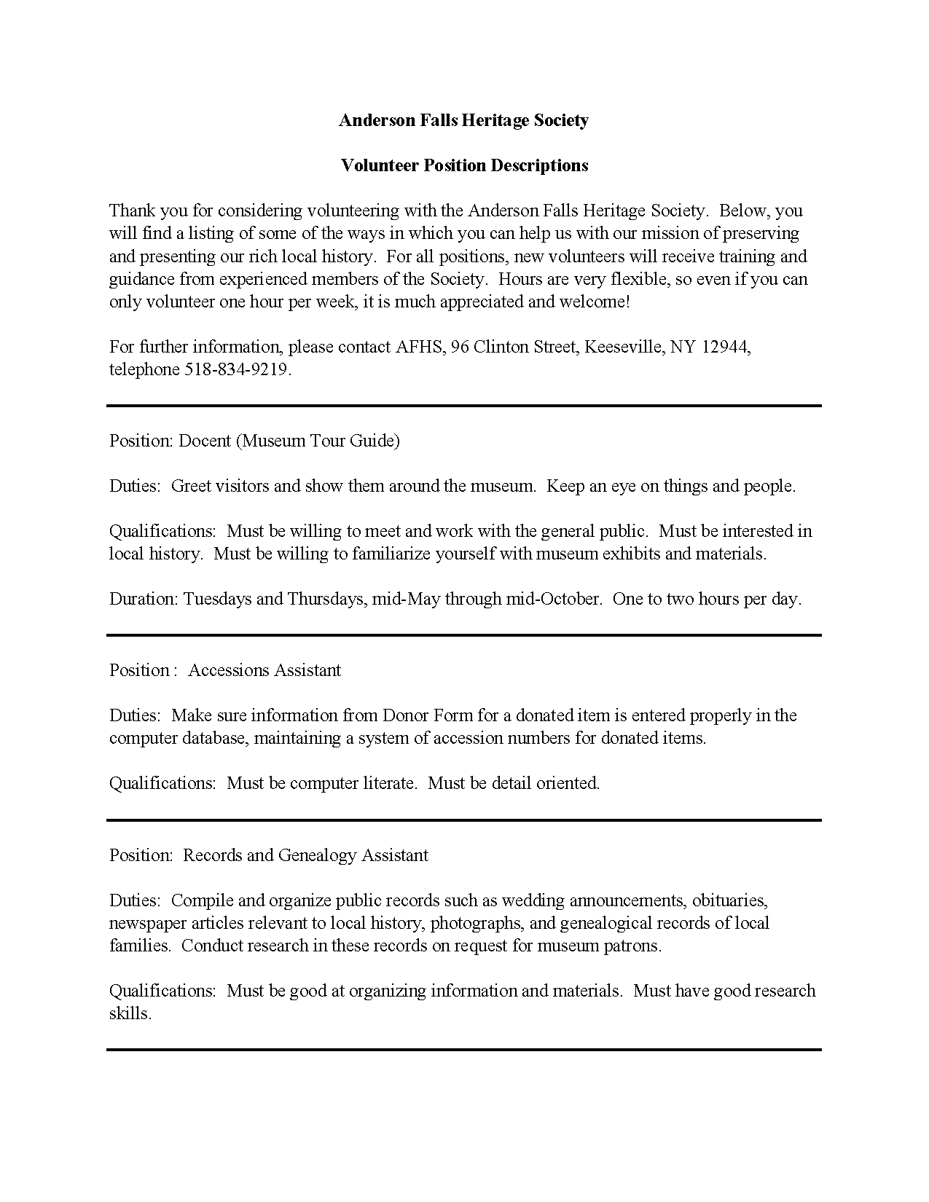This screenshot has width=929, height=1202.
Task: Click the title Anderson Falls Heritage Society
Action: (463, 120)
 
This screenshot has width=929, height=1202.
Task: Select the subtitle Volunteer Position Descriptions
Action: (464, 165)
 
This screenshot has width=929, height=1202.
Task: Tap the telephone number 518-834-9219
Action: (236, 370)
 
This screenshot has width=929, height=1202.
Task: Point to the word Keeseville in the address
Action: (624, 347)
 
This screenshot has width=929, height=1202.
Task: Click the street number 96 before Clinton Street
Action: (460, 347)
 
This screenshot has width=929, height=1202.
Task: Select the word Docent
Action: (205, 441)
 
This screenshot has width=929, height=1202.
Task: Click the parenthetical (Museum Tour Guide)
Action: (318, 441)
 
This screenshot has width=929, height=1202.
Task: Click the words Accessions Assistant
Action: (264, 670)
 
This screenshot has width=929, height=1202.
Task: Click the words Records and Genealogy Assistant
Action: (305, 855)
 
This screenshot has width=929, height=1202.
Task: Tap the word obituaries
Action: (729, 900)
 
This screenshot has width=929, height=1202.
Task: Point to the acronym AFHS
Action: (420, 347)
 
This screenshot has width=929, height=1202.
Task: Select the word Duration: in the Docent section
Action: (144, 600)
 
